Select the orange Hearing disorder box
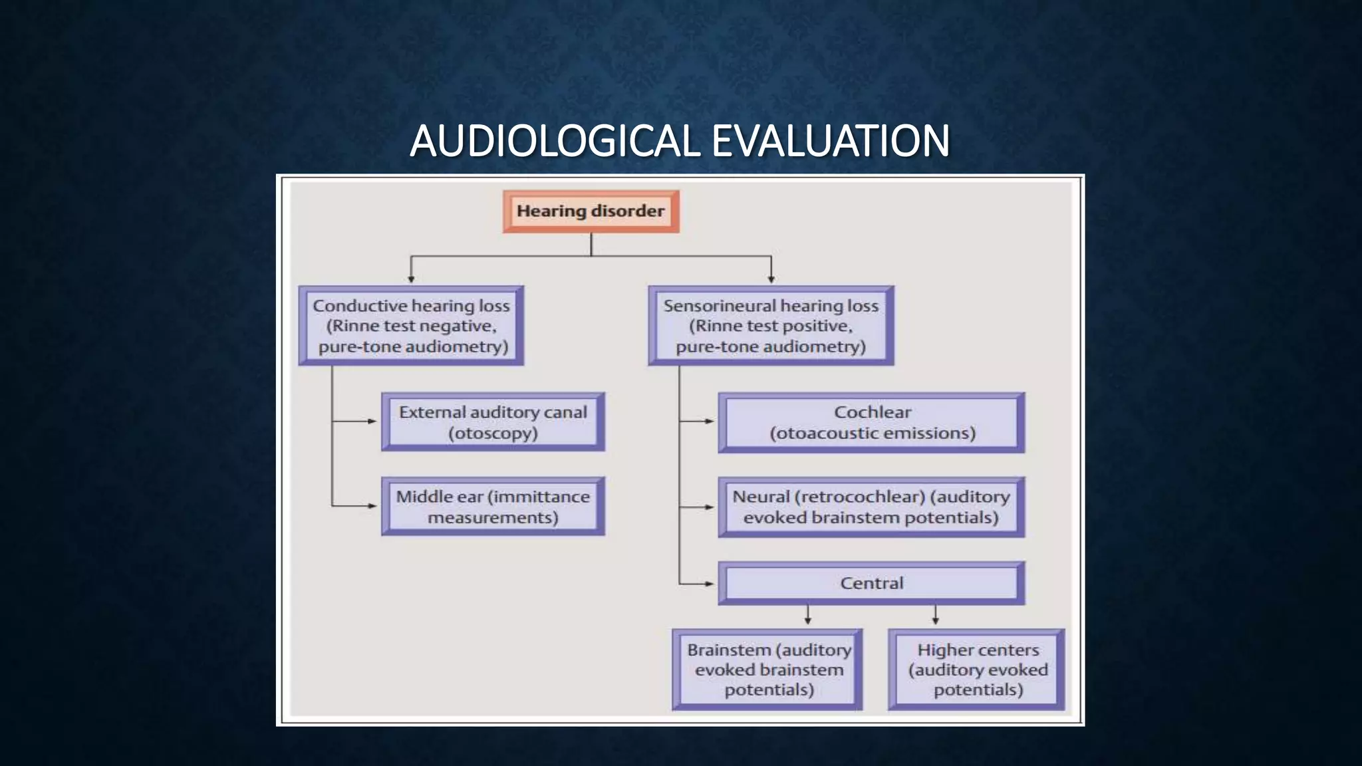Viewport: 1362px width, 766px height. point(591,211)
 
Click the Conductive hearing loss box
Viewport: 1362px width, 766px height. point(411,326)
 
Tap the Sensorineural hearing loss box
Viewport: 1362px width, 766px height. point(771,326)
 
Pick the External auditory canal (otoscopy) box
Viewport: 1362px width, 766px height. point(493,422)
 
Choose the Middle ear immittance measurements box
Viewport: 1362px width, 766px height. point(493,507)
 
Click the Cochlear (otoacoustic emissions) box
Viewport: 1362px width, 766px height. point(871,422)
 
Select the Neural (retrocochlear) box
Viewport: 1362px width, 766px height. point(871,507)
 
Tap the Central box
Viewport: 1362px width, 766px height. point(871,583)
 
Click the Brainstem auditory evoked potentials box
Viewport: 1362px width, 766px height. point(768,670)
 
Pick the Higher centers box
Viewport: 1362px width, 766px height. point(977,670)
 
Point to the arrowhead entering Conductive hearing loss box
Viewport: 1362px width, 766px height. point(411,279)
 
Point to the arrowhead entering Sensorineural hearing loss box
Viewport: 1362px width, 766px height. point(771,279)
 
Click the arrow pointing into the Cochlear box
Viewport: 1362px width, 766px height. point(708,422)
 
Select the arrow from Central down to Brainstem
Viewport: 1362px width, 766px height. point(807,618)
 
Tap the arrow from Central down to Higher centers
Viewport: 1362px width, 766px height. point(935,618)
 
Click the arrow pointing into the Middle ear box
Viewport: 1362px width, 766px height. point(372,506)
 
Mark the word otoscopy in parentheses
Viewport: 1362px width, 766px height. point(493,434)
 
